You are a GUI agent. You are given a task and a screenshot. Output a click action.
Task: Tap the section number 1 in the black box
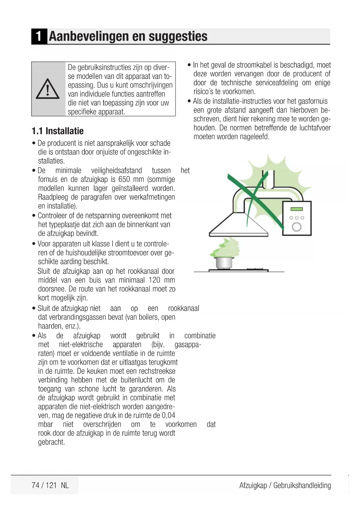[39, 37]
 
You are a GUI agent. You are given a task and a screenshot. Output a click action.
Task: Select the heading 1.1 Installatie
[57, 131]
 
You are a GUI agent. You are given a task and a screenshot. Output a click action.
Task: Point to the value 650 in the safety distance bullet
[124, 179]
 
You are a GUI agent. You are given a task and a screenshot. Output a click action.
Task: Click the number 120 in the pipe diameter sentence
[154, 280]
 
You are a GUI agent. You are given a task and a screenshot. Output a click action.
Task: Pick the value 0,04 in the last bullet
[168, 415]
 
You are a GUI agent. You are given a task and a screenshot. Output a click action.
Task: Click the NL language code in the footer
[65, 485]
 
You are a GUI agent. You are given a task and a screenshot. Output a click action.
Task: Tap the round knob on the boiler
[296, 227]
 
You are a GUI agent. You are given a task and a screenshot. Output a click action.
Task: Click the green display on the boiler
[296, 209]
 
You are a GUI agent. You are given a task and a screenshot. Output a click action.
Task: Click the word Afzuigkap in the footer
[253, 485]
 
